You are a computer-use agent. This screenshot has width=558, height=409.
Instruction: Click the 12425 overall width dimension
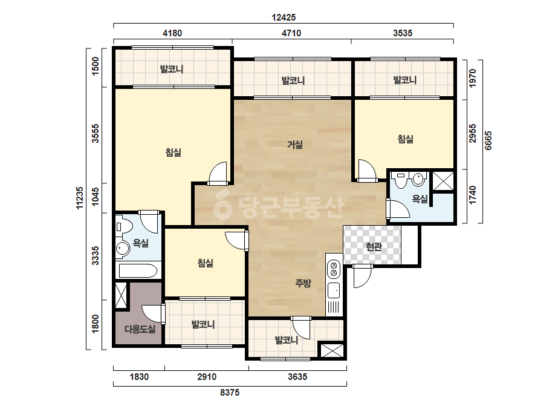(x=284, y=17)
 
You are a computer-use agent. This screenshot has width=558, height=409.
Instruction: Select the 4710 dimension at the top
(x=291, y=33)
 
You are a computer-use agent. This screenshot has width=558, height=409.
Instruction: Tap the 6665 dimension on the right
(x=488, y=140)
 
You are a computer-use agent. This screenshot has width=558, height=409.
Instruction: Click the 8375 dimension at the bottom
(x=230, y=392)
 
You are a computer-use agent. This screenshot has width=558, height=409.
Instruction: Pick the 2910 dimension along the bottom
(x=207, y=376)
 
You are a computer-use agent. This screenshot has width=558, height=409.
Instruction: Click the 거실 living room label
(x=295, y=145)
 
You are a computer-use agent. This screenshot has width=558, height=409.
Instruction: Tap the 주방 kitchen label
(x=303, y=283)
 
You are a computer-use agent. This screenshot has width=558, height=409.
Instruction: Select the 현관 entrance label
(x=374, y=246)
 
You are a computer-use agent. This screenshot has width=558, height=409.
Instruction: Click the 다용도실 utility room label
(x=140, y=329)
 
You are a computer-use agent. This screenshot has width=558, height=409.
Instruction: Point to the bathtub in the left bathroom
(x=138, y=270)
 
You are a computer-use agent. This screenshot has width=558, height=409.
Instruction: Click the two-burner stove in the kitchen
(x=334, y=269)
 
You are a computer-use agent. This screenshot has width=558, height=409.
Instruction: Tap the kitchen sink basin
(x=334, y=290)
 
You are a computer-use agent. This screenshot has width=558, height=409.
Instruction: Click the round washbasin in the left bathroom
(x=123, y=248)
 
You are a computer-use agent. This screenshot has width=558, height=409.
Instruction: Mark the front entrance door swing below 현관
(x=362, y=276)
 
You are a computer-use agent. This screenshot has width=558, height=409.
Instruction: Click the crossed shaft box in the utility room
(x=121, y=295)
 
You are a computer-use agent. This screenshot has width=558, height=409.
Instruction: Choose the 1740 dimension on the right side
(x=472, y=195)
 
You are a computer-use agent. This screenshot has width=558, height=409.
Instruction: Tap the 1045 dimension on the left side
(x=96, y=197)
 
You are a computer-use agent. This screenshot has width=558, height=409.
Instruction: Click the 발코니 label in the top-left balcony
(x=172, y=69)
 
